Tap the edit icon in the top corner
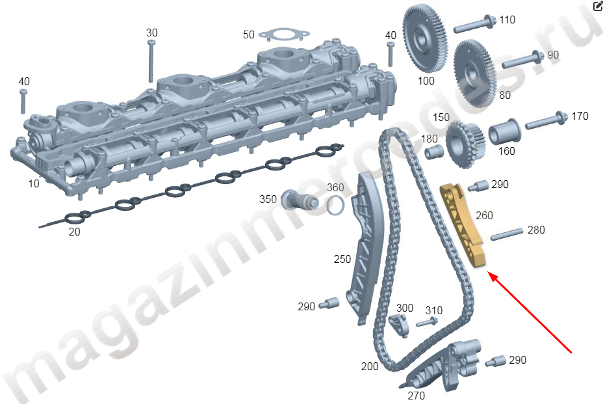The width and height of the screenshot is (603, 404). click(597, 7)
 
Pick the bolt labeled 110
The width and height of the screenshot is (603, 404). click(474, 25)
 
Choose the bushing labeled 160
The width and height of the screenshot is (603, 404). click(503, 132)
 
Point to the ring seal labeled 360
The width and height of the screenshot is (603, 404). click(335, 205)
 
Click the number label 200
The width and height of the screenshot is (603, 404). click(370, 367)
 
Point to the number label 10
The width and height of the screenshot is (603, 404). click(33, 183)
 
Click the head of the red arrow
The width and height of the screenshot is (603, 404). click(490, 275)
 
